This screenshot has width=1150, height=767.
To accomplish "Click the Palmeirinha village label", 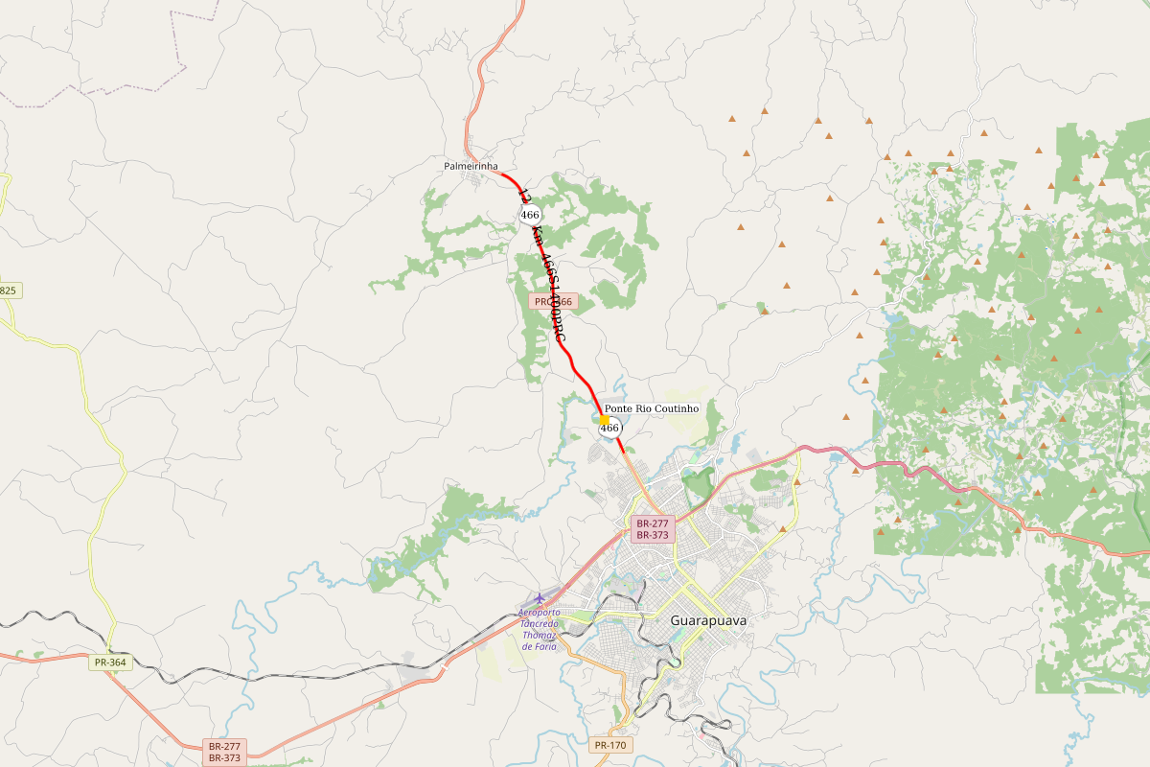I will pyautogui.click(x=471, y=166).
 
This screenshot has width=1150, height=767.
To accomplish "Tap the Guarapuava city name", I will pyautogui.click(x=708, y=620).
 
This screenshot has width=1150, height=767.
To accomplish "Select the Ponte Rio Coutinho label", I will pyautogui.click(x=652, y=408).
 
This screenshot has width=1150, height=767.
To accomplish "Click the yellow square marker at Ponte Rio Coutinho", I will pyautogui.click(x=604, y=420).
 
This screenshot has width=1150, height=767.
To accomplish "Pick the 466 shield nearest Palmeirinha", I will pyautogui.click(x=530, y=215).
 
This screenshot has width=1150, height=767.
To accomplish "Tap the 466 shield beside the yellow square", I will pyautogui.click(x=610, y=429).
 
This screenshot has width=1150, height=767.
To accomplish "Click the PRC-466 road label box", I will pyautogui.click(x=553, y=301).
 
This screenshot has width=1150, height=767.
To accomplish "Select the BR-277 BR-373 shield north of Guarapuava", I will pyautogui.click(x=652, y=529).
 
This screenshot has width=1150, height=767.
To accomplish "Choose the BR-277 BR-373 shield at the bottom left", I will pyautogui.click(x=225, y=752).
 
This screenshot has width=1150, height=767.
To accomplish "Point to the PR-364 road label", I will pyautogui.click(x=111, y=662).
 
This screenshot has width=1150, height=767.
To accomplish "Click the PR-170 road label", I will pyautogui.click(x=610, y=745).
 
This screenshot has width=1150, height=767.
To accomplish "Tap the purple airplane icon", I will pyautogui.click(x=539, y=598).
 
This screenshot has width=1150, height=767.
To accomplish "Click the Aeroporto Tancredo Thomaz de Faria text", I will pyautogui.click(x=539, y=629).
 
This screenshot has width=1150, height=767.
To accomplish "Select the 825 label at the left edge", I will pyautogui.click(x=9, y=290).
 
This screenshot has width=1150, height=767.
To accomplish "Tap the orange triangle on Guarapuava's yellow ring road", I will pyautogui.click(x=783, y=528).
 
